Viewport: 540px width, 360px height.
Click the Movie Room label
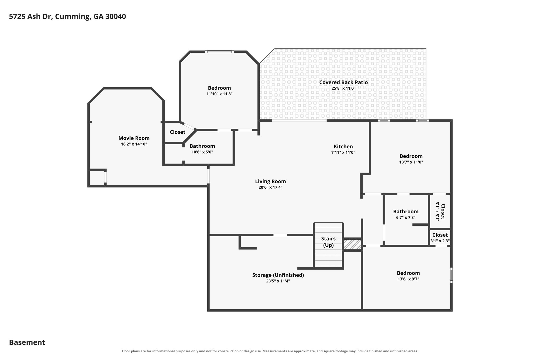coord(134,138)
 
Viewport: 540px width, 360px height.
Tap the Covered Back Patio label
coord(343,82)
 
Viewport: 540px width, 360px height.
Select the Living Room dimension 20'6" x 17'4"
coord(271,188)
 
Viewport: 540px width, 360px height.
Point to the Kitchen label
coord(343,147)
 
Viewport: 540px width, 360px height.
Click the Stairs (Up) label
coord(328,242)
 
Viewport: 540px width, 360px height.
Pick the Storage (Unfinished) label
coord(278,275)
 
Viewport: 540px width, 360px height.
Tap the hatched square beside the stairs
coord(352,244)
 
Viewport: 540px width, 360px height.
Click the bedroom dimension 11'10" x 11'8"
coord(219,94)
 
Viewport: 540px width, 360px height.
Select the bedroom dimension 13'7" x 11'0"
coord(411,162)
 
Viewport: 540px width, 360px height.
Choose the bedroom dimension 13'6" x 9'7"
coord(408,279)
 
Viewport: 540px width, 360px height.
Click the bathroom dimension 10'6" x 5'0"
coord(202,152)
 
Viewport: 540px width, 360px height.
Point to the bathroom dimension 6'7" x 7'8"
coord(406,218)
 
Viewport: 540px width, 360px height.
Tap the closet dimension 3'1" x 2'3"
coord(440,241)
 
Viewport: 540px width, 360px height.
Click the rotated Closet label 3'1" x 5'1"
coord(440,212)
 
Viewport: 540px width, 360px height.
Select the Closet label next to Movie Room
coord(177,132)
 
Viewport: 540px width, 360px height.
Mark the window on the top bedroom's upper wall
coord(219,52)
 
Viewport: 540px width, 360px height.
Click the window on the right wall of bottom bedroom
coord(451,275)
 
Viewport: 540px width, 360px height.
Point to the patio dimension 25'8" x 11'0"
coord(343,88)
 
